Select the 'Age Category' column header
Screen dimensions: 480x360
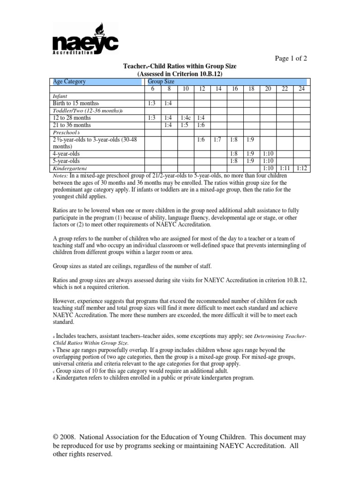[70, 82]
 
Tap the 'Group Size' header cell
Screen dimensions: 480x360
[161, 82]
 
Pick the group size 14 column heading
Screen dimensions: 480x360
[218, 89]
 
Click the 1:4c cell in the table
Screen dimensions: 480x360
[185, 119]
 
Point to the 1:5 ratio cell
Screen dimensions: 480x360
[185, 126]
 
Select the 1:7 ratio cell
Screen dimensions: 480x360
[217, 140]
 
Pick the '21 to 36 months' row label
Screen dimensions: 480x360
[72, 126]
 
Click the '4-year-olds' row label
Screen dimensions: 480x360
[66, 153]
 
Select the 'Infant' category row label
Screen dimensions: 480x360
[60, 96]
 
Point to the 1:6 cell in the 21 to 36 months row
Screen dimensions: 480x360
[202, 126]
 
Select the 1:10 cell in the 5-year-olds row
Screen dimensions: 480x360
[267, 160]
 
